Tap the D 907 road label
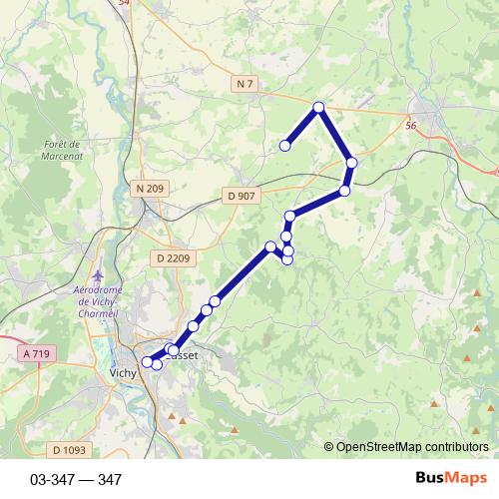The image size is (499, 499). [x=241, y=196]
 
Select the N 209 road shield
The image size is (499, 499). [x=149, y=188]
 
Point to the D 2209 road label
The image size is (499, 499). [x=173, y=258]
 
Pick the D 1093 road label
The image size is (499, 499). [x=68, y=450]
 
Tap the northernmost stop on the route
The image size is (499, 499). [x=318, y=107]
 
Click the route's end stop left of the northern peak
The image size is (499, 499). [x=284, y=146]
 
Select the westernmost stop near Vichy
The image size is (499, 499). [x=148, y=361]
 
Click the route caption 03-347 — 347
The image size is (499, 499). [x=76, y=480]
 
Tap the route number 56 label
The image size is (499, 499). [x=411, y=126]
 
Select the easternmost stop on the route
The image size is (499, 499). [x=351, y=162]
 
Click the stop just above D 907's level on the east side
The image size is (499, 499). [x=344, y=190]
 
